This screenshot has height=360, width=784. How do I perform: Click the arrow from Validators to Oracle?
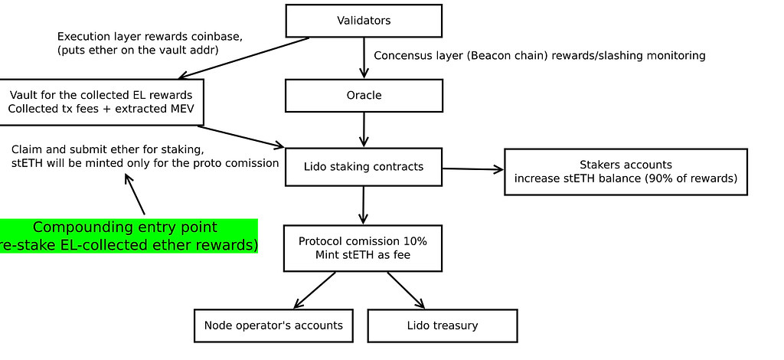[364, 57]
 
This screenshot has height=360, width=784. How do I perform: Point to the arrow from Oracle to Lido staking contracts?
[364, 129]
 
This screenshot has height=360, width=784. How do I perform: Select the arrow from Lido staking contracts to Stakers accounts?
[473, 169]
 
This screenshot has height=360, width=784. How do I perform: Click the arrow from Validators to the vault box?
[244, 58]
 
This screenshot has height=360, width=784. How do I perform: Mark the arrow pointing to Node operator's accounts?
[315, 290]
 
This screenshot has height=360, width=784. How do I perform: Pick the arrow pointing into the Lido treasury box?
[406, 290]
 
